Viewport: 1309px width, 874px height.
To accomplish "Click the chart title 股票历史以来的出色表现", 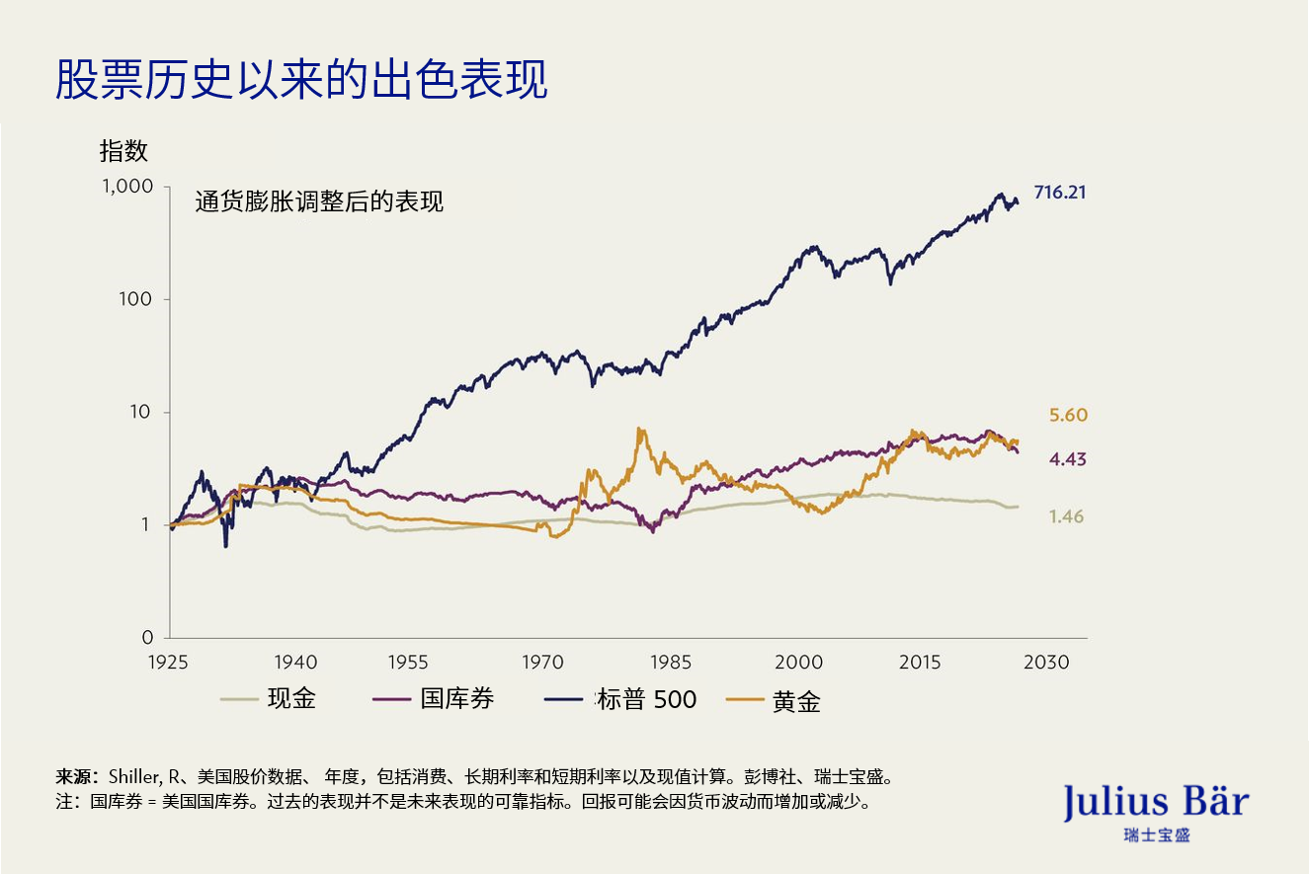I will pyautogui.click(x=301, y=80).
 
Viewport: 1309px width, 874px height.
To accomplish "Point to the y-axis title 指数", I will pyautogui.click(x=123, y=151).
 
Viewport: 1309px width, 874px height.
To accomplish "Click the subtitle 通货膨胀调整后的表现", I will pyautogui.click(x=319, y=202).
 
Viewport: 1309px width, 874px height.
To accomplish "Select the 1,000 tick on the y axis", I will pyautogui.click(x=128, y=187).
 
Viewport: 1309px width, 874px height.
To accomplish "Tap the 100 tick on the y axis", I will pyautogui.click(x=137, y=299).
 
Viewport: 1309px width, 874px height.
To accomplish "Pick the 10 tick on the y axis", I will pyautogui.click(x=143, y=412).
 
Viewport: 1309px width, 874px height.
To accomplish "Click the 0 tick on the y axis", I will pyautogui.click(x=148, y=637).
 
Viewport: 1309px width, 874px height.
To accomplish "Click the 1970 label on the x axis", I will pyautogui.click(x=540, y=662).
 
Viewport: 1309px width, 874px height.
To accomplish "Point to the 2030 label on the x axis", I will pyautogui.click(x=1046, y=662).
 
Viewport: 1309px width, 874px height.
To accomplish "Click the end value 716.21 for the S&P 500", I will pyautogui.click(x=1060, y=193).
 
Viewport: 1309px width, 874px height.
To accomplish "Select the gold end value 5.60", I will pyautogui.click(x=1068, y=416).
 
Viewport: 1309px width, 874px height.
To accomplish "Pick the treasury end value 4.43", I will pyautogui.click(x=1067, y=459).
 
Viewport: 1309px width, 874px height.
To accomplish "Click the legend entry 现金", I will pyautogui.click(x=291, y=699).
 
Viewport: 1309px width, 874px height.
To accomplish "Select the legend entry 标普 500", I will pyautogui.click(x=646, y=699).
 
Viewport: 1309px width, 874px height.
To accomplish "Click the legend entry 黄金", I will pyautogui.click(x=796, y=701).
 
